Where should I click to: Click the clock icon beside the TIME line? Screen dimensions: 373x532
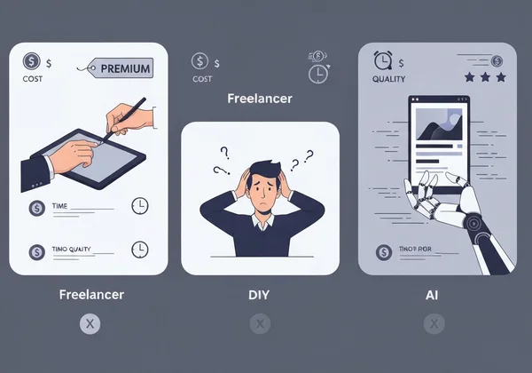coord(138,206)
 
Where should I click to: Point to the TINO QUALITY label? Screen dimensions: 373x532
coord(71,250)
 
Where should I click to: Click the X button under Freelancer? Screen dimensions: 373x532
coord(90,324)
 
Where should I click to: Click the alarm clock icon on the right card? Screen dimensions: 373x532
coord(383,60)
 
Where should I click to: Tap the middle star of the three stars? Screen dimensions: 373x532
coord(484,77)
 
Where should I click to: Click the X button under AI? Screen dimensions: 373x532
coord(433,324)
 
